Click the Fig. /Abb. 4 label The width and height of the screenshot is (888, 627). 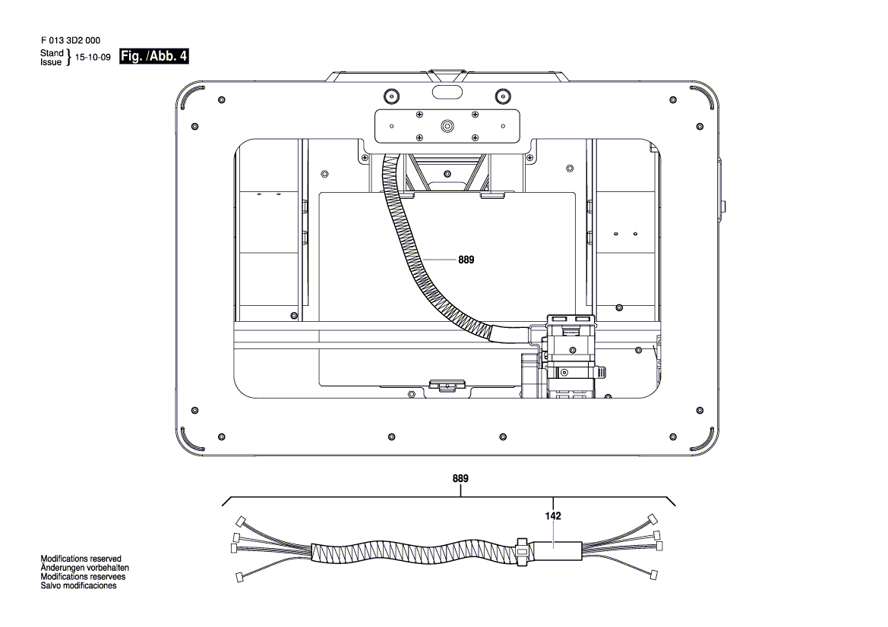pyautogui.click(x=154, y=58)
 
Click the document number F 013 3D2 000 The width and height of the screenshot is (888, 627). pyautogui.click(x=70, y=41)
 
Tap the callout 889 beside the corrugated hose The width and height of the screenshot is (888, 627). pyautogui.click(x=466, y=260)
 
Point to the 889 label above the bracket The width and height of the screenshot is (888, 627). pyautogui.click(x=460, y=479)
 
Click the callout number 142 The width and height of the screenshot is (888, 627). pyautogui.click(x=553, y=516)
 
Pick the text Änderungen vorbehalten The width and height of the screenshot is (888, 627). pyautogui.click(x=84, y=568)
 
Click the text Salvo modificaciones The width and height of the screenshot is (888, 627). pyautogui.click(x=78, y=586)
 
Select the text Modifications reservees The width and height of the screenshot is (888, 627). pyautogui.click(x=84, y=577)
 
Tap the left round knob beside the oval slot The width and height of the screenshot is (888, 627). pyautogui.click(x=390, y=95)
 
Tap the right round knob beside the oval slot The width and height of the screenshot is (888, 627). pyautogui.click(x=501, y=95)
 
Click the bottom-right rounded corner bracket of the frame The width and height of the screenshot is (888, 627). pyautogui.click(x=703, y=438)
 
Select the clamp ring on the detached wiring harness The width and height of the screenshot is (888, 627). pyautogui.click(x=521, y=551)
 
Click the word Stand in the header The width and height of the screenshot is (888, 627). pyautogui.click(x=52, y=53)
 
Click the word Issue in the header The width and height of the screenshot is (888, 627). pyautogui.click(x=51, y=62)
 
